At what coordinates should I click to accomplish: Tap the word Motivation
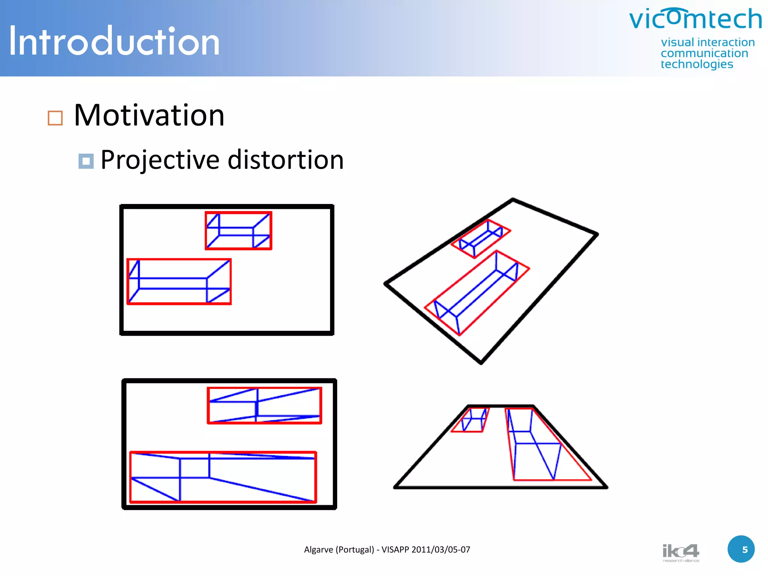(x=149, y=115)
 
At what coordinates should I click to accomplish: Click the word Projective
(x=160, y=160)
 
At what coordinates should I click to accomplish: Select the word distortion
(x=286, y=160)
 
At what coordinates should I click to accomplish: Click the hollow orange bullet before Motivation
(x=55, y=118)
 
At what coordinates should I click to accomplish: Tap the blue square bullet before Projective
(x=86, y=161)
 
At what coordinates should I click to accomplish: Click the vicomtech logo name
(x=695, y=19)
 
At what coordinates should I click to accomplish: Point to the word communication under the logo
(x=704, y=53)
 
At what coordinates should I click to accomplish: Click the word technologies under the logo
(x=697, y=64)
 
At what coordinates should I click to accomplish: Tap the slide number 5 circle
(x=741, y=549)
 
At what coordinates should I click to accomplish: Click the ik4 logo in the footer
(x=681, y=552)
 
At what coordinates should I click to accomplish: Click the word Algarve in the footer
(x=318, y=550)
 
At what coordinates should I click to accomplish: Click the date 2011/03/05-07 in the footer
(x=441, y=550)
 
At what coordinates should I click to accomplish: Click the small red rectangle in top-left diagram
(x=238, y=213)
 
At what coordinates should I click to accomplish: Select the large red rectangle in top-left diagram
(x=179, y=259)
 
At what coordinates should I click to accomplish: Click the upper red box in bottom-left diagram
(x=264, y=388)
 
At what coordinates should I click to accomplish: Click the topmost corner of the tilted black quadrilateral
(x=513, y=199)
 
